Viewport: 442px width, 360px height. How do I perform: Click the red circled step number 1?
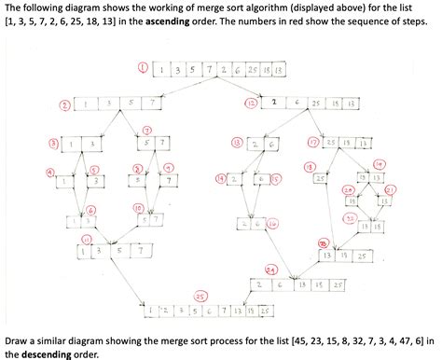pos(143,68)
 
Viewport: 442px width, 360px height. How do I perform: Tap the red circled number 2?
pos(63,104)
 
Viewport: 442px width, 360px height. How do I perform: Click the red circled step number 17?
pos(313,142)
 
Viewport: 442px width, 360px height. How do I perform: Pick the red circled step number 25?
pos(200,297)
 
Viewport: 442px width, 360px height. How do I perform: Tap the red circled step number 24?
pos(271,269)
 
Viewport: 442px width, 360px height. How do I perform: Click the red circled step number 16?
pos(271,224)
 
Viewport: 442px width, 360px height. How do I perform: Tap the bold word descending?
pos(49,353)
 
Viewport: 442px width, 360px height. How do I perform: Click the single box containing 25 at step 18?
pos(320,176)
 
